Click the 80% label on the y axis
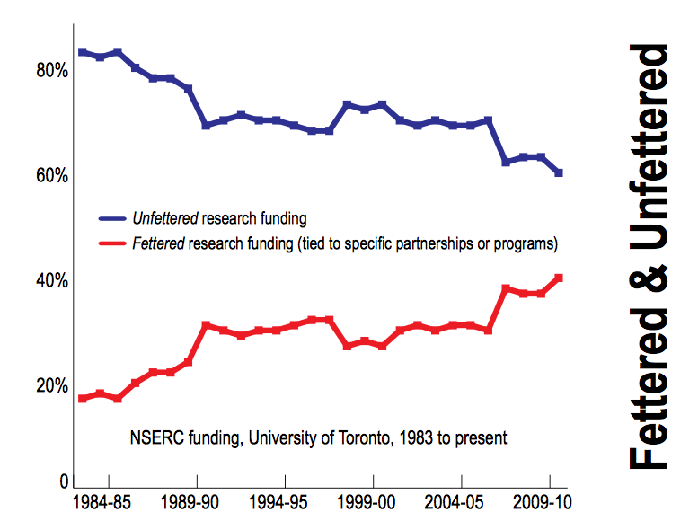click(x=50, y=70)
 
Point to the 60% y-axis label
click(x=50, y=175)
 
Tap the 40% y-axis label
click(x=50, y=281)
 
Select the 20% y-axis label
click(x=50, y=386)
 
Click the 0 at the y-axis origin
click(x=64, y=481)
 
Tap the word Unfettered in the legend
click(x=165, y=218)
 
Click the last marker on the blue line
click(x=559, y=172)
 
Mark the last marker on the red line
click(x=559, y=278)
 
